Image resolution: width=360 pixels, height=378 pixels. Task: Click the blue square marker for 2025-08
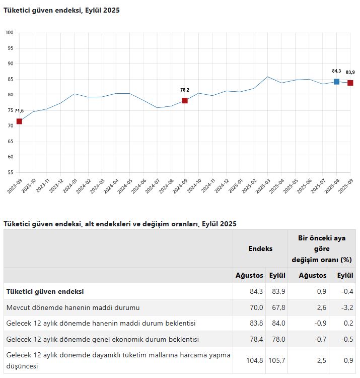tap(336, 82)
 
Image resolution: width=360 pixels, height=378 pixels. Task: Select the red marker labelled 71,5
tap(19, 121)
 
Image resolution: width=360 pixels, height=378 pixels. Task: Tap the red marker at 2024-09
tap(185, 100)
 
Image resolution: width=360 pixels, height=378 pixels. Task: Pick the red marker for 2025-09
tap(350, 83)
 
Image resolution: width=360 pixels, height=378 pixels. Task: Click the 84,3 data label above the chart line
tap(336, 71)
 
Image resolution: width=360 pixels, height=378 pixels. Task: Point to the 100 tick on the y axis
tap(10, 33)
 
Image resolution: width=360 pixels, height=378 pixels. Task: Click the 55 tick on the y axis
tap(11, 172)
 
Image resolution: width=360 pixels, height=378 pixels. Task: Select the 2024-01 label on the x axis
tap(70, 186)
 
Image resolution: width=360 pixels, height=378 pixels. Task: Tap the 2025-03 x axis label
tap(263, 186)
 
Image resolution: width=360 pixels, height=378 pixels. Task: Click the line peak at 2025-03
tap(267, 77)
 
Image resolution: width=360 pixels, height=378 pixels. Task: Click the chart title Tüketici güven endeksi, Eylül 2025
tap(61, 10)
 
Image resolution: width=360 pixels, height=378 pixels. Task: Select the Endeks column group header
tap(260, 248)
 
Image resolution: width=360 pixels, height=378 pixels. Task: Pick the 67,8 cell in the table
tap(278, 307)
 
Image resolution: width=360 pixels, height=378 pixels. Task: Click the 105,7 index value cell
tap(277, 360)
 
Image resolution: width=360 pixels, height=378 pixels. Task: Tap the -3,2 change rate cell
tap(347, 307)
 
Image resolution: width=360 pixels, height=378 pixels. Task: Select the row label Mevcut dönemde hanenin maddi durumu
tap(73, 307)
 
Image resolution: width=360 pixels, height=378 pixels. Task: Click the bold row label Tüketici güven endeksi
tap(45, 291)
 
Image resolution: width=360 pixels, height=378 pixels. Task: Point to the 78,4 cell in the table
tap(256, 339)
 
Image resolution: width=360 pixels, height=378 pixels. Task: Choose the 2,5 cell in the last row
tap(322, 360)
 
